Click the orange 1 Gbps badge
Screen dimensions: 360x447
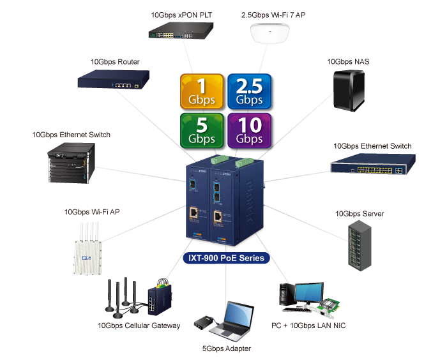(x=202, y=91)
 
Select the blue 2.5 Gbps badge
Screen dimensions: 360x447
(x=249, y=91)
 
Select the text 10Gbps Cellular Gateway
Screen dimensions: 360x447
(x=139, y=326)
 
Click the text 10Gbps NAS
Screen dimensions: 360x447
(x=348, y=62)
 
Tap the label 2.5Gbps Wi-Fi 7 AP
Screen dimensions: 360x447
(x=273, y=14)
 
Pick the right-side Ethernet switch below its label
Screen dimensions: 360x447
(x=368, y=165)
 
